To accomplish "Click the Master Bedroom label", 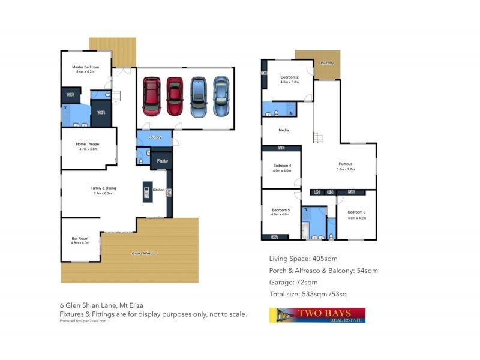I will click(x=86, y=67).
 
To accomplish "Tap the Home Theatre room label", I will click(x=87, y=145).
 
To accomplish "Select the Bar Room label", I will click(x=80, y=239).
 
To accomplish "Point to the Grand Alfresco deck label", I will click(x=144, y=254).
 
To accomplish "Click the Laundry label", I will click(x=154, y=137).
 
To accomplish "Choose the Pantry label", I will click(x=162, y=161).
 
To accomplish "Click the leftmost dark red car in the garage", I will click(x=151, y=96).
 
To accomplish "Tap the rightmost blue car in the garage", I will click(x=221, y=96).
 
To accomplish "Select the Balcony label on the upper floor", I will click(x=327, y=63).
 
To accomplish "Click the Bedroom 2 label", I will click(x=289, y=78).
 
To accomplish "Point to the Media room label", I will click(x=284, y=130).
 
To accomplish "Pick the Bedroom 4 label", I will click(x=282, y=166).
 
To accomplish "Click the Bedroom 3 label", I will click(x=356, y=212).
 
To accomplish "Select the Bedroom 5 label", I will click(x=280, y=210).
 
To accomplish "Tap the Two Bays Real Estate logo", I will click(x=317, y=316).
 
